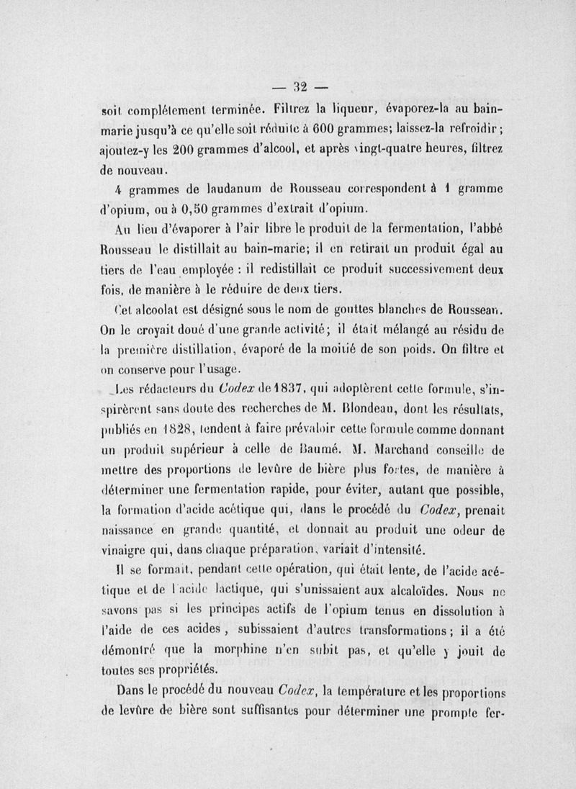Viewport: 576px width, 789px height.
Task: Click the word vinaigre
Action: (127, 551)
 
